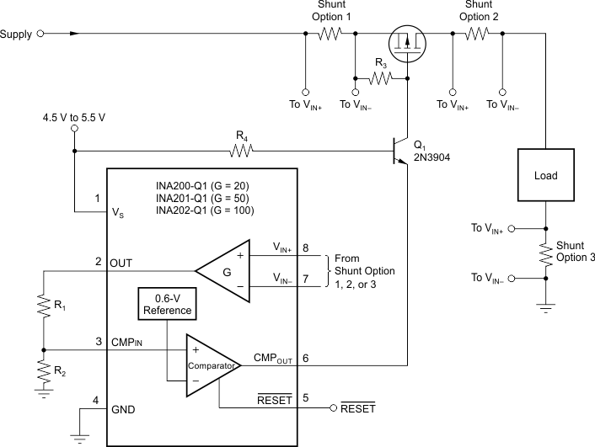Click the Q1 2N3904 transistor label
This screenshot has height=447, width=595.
[429, 151]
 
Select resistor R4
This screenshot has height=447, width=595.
[242, 152]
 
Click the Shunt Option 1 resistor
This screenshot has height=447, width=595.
[330, 35]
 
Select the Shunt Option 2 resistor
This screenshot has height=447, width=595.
[477, 35]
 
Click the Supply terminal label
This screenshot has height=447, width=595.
[17, 35]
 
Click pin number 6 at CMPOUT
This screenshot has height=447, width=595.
[305, 358]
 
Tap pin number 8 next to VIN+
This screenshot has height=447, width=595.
[305, 248]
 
